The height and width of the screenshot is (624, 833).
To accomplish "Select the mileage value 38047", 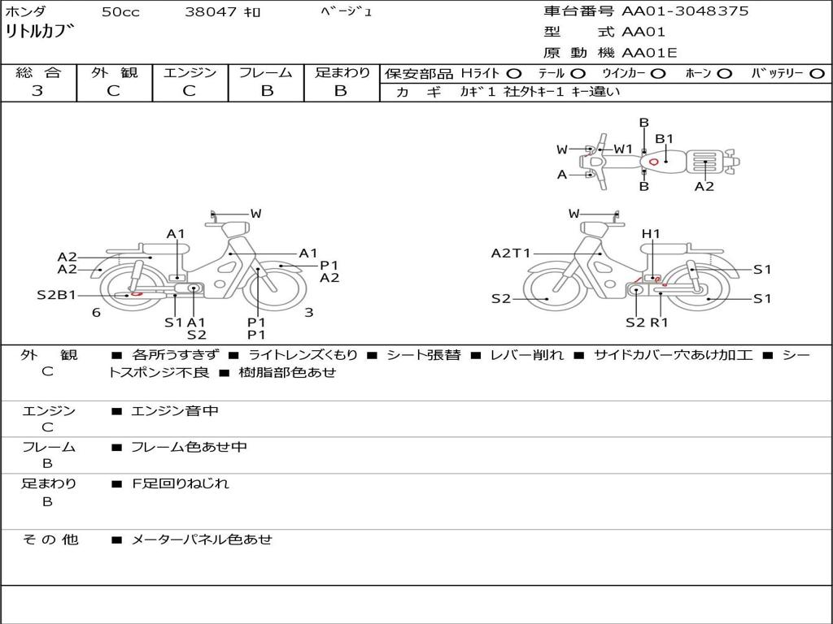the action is (211, 12).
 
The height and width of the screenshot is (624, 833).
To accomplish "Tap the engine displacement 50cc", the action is (120, 12).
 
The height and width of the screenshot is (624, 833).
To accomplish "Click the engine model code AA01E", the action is (649, 54).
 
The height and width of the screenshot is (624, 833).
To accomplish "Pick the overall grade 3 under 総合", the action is (37, 91).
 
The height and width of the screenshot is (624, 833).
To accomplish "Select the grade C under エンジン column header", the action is (189, 91).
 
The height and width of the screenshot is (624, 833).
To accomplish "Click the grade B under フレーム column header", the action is (266, 91).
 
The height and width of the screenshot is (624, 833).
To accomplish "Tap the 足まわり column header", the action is (342, 73).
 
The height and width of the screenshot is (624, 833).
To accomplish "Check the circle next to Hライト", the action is (514, 74).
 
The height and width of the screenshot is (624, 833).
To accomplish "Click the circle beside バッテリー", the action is (817, 74).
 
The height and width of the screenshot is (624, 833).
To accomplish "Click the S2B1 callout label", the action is (56, 295).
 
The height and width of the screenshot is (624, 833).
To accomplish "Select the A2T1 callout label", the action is (510, 253).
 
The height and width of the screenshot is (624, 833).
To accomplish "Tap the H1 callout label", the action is (651, 234).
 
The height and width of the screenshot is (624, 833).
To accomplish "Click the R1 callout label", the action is (658, 322).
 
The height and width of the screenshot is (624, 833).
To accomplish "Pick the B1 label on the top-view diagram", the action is (665, 139).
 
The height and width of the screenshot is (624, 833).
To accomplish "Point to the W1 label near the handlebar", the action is (623, 149).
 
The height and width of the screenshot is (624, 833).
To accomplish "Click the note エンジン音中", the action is (174, 411).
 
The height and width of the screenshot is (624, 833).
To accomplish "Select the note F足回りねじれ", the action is (180, 483).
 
